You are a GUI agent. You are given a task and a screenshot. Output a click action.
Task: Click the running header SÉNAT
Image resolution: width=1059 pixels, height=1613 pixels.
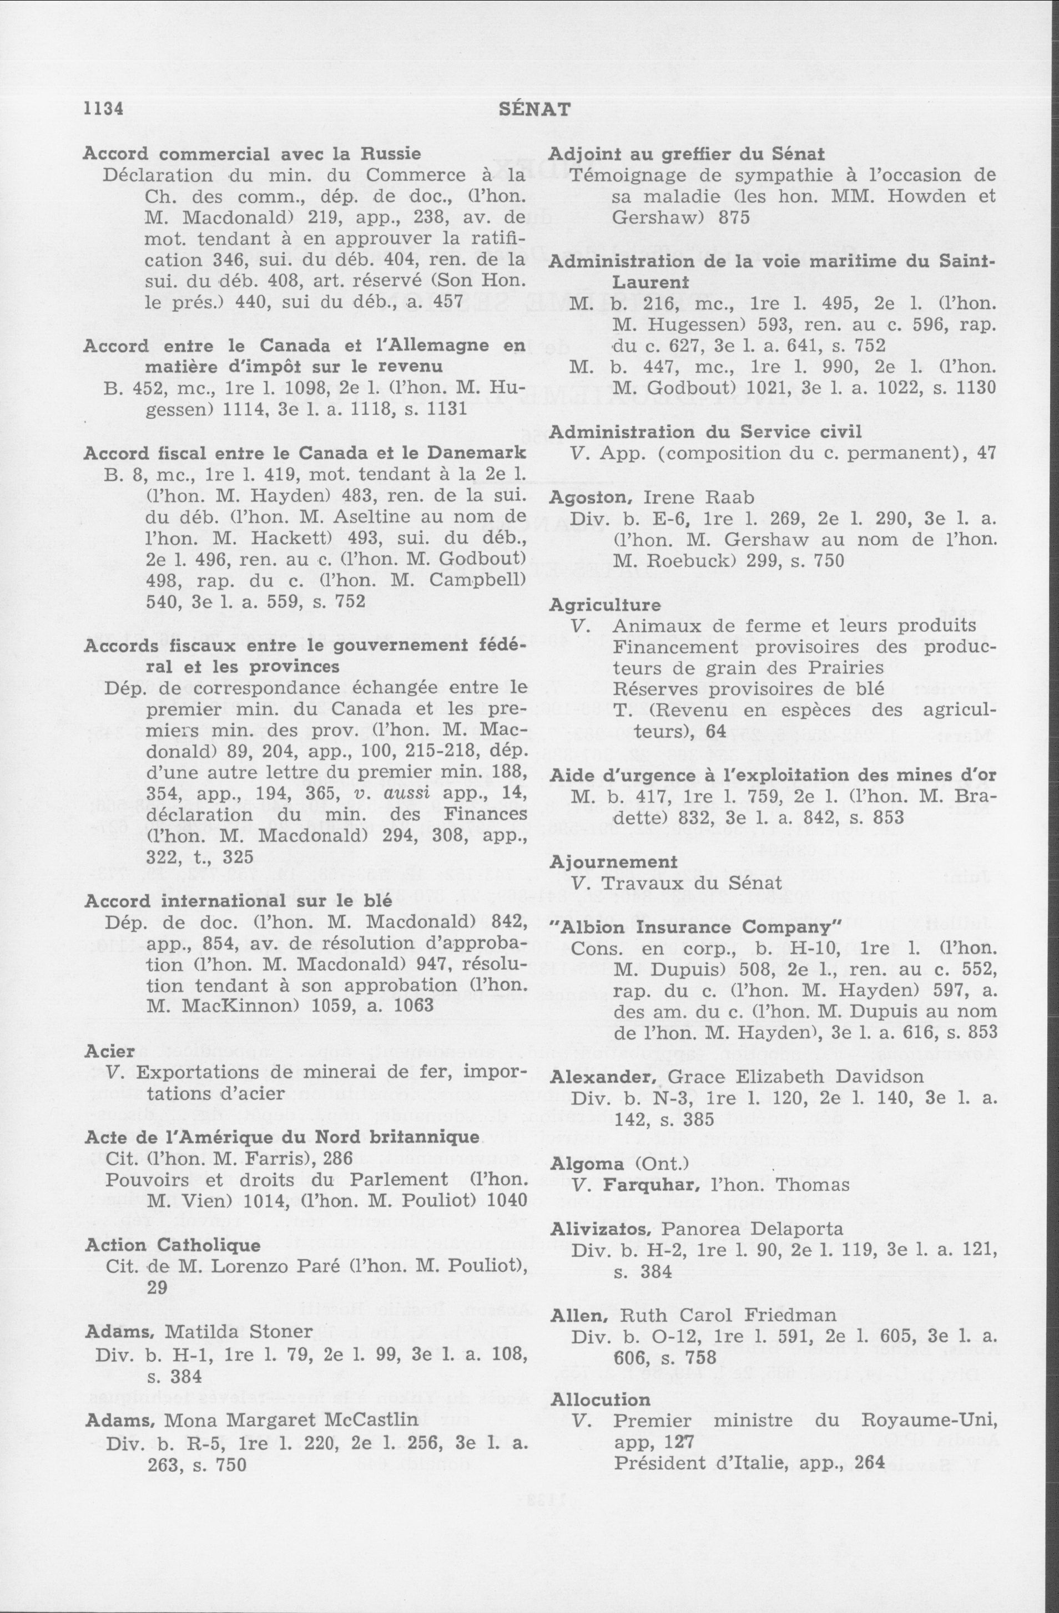point(534,108)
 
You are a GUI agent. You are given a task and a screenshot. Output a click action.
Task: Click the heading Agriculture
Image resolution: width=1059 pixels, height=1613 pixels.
point(605,605)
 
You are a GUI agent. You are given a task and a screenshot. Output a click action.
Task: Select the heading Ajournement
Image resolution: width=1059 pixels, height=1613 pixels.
point(613,861)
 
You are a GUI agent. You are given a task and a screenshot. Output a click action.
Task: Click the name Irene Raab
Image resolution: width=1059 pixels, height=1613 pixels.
point(698,498)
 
